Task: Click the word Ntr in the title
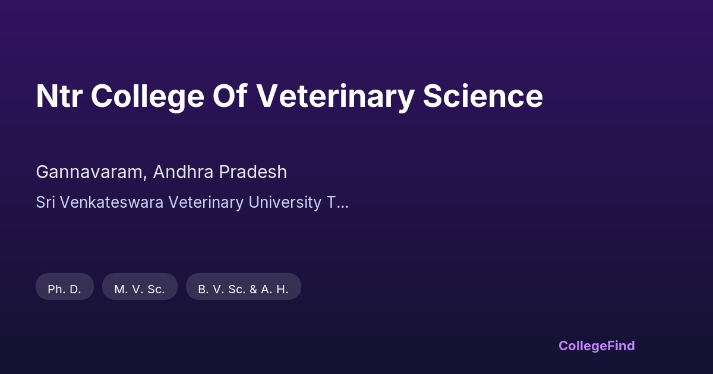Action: tap(59, 96)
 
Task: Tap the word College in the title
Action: tap(147, 97)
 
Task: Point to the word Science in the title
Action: tap(482, 96)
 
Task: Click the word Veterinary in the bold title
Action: tap(336, 97)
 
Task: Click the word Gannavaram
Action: tap(89, 172)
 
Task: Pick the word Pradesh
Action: tap(253, 172)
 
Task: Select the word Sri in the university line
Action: tap(46, 202)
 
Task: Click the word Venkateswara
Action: tap(112, 202)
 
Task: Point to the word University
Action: tap(285, 203)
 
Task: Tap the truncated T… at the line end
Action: tap(337, 202)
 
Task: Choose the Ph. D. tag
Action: tap(65, 286)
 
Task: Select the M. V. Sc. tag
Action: tap(140, 286)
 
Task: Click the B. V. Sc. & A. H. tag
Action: tap(244, 286)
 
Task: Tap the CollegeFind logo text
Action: tap(597, 346)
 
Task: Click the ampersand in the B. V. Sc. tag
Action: tap(253, 290)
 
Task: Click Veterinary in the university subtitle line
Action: tap(206, 203)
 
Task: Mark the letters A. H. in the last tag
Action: tap(275, 290)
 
